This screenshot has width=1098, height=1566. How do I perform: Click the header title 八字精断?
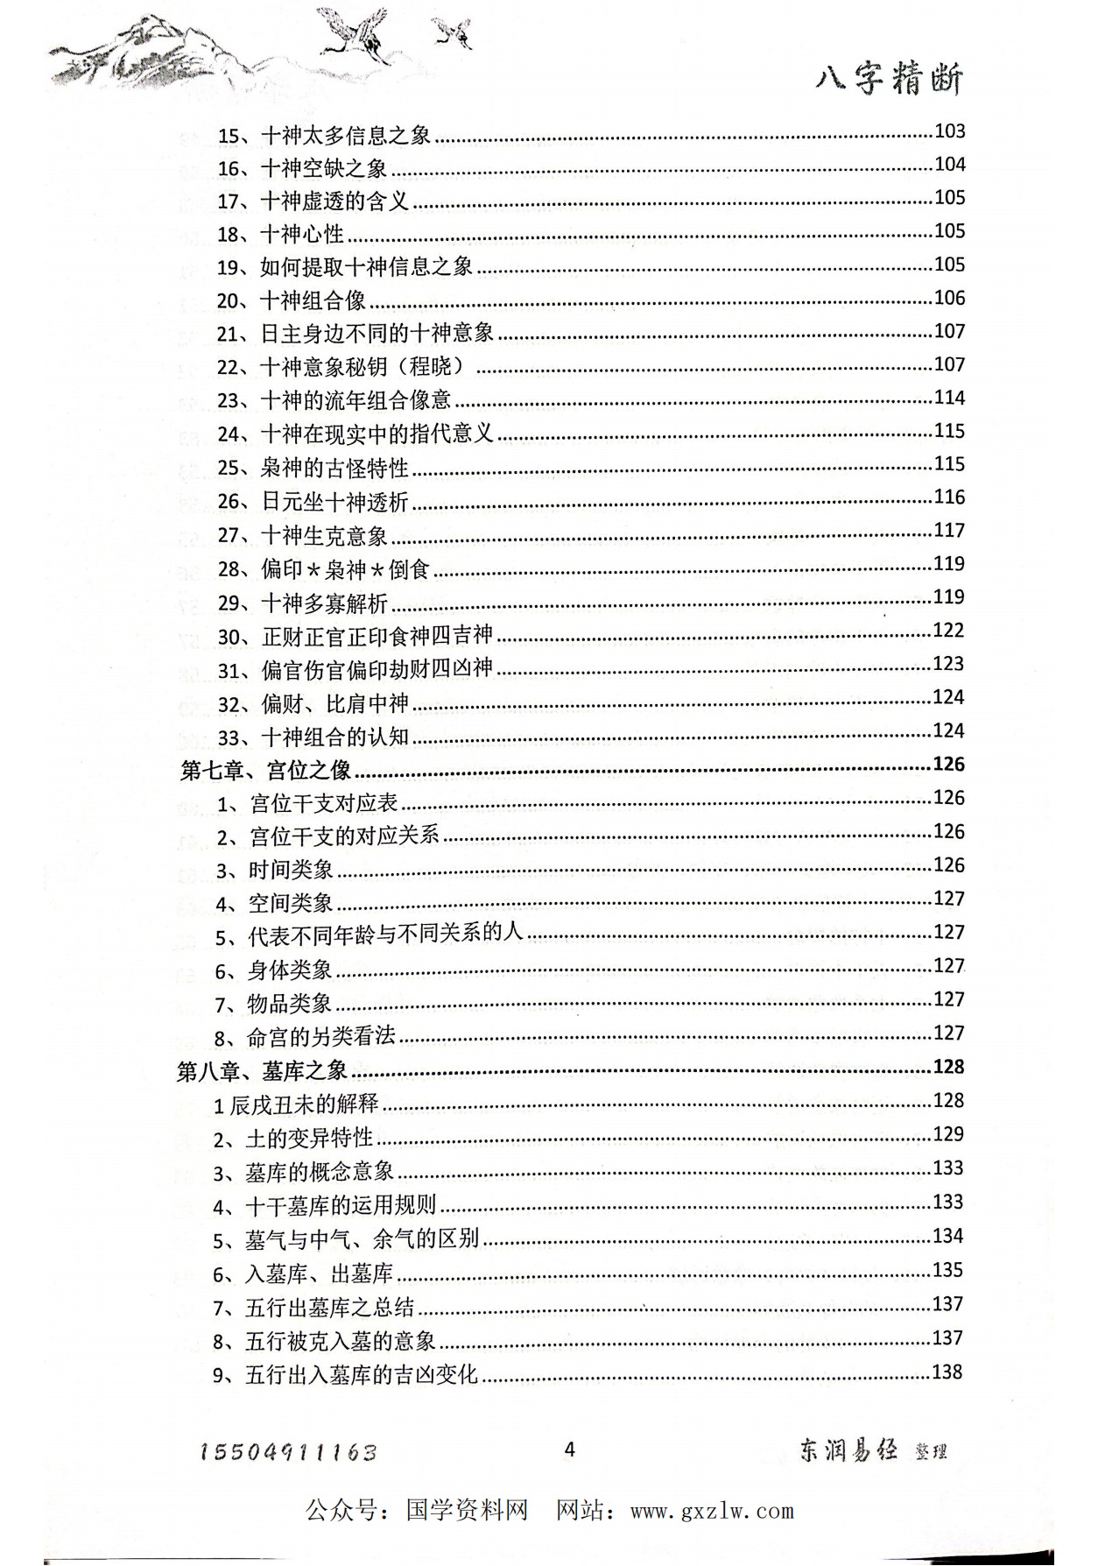[x=889, y=81]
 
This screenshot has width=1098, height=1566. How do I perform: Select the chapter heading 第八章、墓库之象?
[x=263, y=1070]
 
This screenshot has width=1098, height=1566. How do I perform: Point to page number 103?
[x=950, y=131]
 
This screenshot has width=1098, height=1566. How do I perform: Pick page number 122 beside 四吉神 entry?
[x=949, y=631]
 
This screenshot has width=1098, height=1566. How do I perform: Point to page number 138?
[x=947, y=1372]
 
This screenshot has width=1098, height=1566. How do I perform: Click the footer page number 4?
[x=570, y=1450]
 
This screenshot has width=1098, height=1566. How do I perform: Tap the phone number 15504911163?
[x=288, y=1452]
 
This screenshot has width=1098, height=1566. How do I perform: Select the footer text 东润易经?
[x=848, y=1450]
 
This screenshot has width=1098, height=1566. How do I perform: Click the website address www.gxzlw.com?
[x=712, y=1511]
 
